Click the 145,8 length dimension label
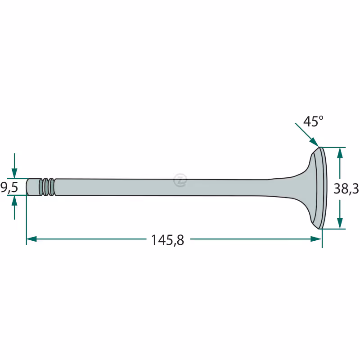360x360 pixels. [167, 240]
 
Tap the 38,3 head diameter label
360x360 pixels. [346, 189]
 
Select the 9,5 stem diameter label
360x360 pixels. [9, 187]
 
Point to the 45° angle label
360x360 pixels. [313, 121]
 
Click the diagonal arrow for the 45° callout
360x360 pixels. [307, 135]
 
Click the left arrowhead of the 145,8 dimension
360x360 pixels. [31, 239]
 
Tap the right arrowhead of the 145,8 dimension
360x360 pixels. [316, 239]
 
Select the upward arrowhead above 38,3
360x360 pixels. [340, 153]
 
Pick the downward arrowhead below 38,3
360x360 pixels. [340, 223]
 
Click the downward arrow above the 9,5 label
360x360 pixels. [14, 166]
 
